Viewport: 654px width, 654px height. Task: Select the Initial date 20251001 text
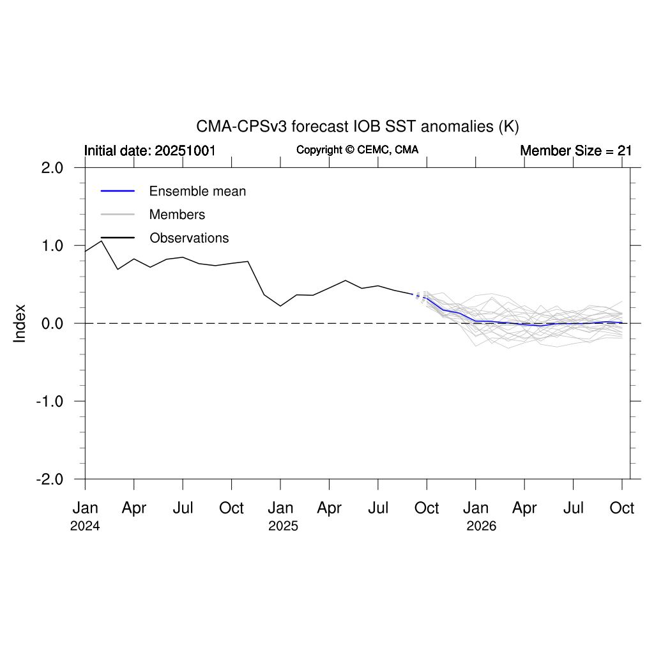pyautogui.click(x=150, y=151)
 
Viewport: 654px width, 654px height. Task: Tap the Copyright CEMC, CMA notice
pyautogui.click(x=358, y=150)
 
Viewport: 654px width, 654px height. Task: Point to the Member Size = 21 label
pyautogui.click(x=575, y=151)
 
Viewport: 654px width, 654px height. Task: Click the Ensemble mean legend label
pyautogui.click(x=197, y=191)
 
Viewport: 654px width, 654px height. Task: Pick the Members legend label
pyautogui.click(x=177, y=215)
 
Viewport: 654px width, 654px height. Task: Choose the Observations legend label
pyautogui.click(x=189, y=238)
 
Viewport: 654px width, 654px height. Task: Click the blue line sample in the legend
pyautogui.click(x=118, y=191)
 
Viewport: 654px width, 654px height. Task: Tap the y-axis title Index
pyautogui.click(x=20, y=323)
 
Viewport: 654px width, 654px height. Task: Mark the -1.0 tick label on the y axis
pyautogui.click(x=50, y=402)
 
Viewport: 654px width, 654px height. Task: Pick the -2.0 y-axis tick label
pyautogui.click(x=50, y=480)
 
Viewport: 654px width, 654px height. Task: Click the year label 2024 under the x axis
pyautogui.click(x=85, y=527)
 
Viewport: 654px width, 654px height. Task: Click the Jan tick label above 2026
pyautogui.click(x=476, y=508)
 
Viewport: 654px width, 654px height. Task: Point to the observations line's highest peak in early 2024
pyautogui.click(x=102, y=241)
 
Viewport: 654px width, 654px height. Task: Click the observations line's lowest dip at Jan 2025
pyautogui.click(x=280, y=306)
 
